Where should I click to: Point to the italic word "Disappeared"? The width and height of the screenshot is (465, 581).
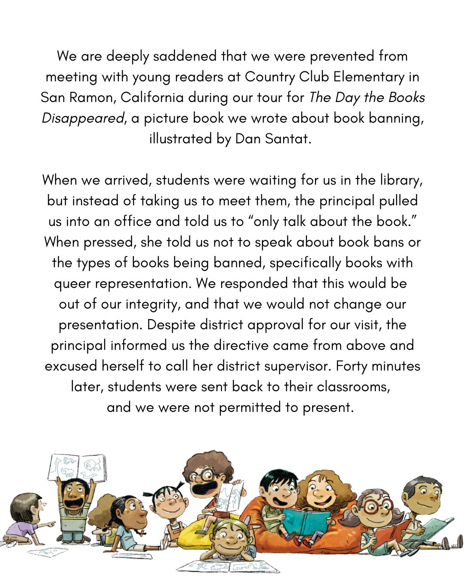(x=83, y=118)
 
